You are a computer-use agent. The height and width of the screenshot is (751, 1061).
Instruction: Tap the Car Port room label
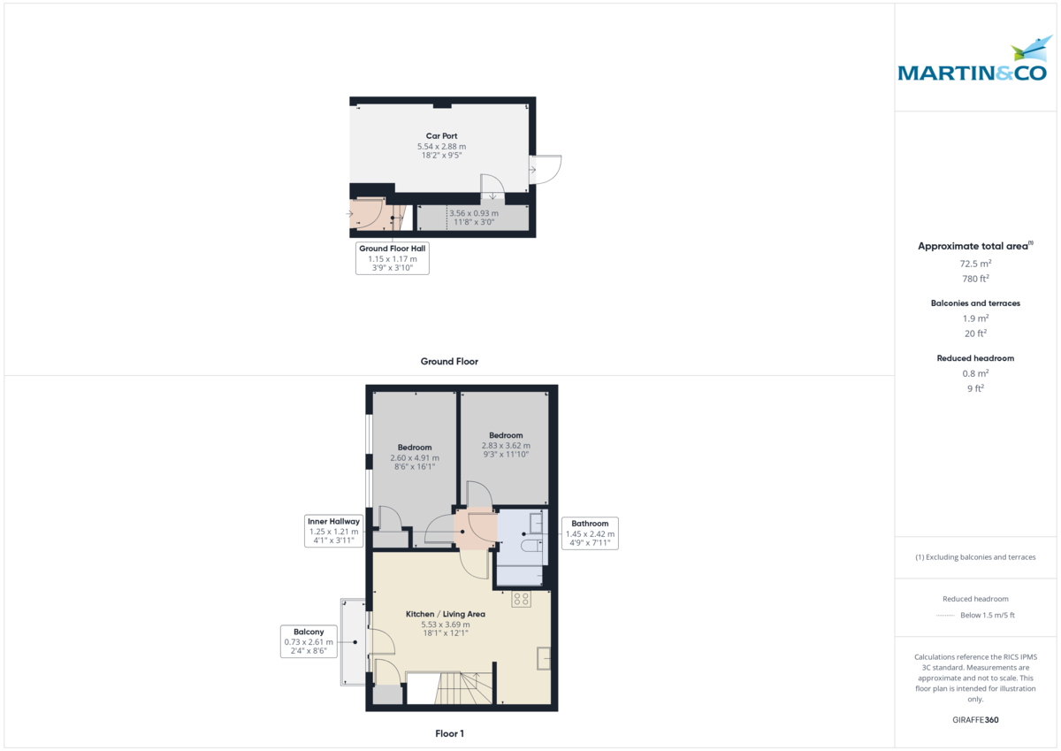(x=441, y=136)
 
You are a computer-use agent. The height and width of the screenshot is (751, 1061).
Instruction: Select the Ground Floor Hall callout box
(x=393, y=258)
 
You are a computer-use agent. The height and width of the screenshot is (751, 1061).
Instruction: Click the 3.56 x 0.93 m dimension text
(x=474, y=213)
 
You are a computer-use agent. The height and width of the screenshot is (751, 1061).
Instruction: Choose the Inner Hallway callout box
(x=333, y=531)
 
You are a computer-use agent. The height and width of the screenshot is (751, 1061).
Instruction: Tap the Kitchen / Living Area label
(x=446, y=614)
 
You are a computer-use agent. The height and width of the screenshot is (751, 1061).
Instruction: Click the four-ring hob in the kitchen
(x=521, y=599)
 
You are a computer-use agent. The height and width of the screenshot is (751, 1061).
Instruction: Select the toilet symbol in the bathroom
(x=532, y=546)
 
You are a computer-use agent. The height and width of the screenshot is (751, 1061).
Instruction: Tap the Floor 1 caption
(x=449, y=733)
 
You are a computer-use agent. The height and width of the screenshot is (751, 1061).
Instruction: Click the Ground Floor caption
(x=449, y=362)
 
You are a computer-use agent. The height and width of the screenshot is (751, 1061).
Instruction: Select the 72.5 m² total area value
(x=975, y=264)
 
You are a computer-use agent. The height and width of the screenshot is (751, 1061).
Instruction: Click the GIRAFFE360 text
(x=975, y=720)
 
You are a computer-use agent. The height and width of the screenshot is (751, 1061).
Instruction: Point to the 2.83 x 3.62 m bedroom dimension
(x=506, y=446)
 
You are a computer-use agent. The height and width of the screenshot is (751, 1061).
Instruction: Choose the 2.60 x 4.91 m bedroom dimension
(x=415, y=457)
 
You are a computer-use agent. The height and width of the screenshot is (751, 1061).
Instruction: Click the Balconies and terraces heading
(x=975, y=303)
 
